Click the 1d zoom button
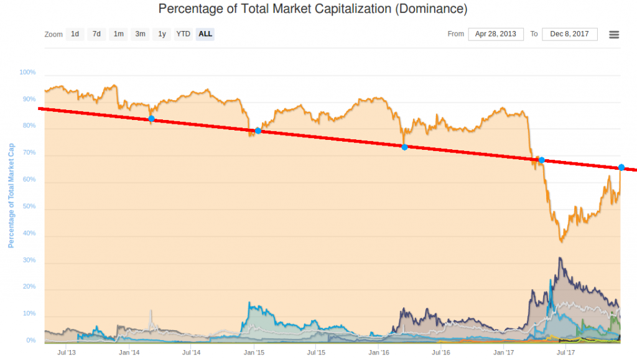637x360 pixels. click(75, 34)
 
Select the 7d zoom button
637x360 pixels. click(96, 34)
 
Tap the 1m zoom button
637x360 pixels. click(118, 34)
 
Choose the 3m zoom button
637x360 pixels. click(140, 34)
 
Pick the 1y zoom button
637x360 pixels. click(162, 34)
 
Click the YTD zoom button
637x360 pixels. click(183, 34)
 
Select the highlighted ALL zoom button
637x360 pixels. click(205, 34)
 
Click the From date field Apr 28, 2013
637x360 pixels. click(496, 34)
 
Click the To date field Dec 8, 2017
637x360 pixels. click(569, 34)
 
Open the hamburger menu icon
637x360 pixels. click(614, 35)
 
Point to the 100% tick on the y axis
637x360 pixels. click(28, 73)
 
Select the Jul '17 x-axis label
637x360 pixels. click(565, 353)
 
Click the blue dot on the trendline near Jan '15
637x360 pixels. click(258, 131)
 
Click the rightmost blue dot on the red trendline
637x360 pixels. click(621, 167)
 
